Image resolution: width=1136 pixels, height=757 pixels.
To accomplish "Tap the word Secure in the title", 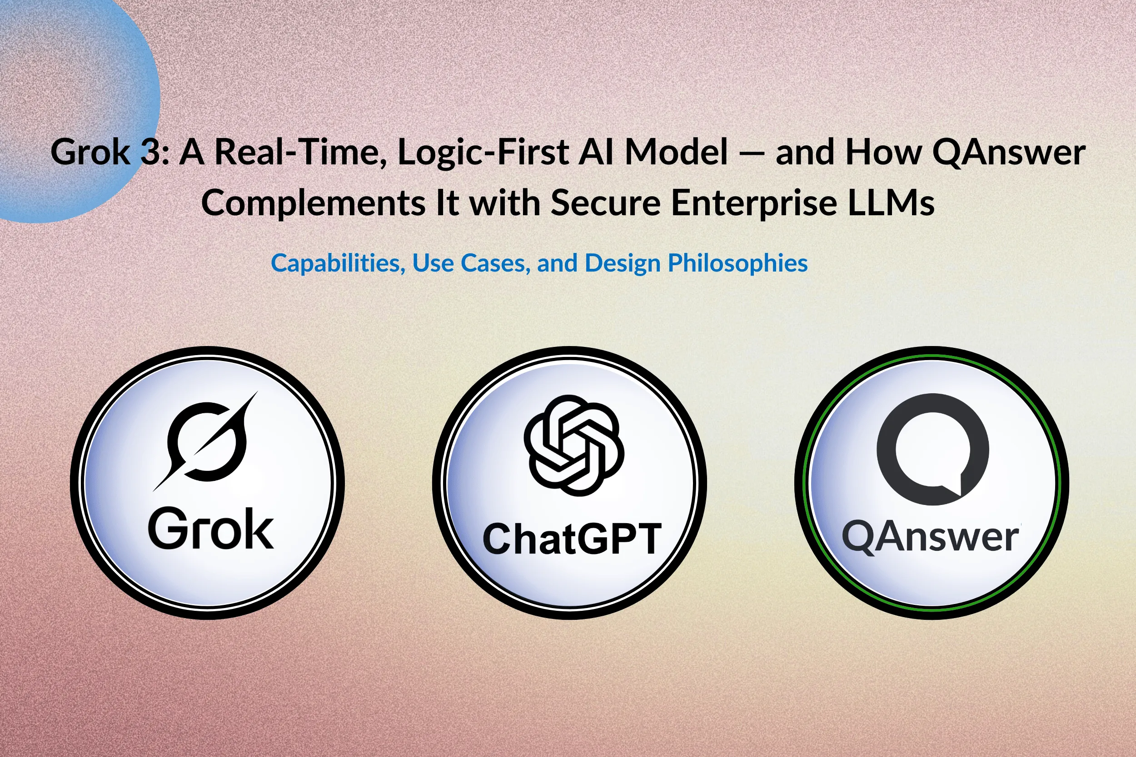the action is pyautogui.click(x=606, y=203).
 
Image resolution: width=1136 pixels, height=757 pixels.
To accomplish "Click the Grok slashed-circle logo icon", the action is pyautogui.click(x=206, y=441).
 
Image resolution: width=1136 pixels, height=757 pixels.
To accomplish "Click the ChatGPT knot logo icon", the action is pyautogui.click(x=574, y=445).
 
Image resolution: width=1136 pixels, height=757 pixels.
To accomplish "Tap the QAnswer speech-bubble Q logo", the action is pyautogui.click(x=933, y=449).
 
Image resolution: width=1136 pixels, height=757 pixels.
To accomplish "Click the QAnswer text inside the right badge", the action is pyautogui.click(x=930, y=537).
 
